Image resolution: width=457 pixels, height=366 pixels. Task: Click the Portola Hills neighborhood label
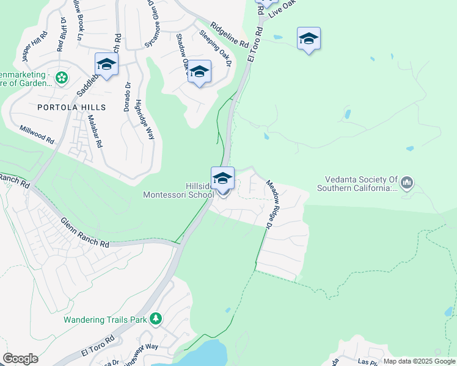(71, 107)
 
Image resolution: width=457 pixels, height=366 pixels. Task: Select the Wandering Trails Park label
(106, 319)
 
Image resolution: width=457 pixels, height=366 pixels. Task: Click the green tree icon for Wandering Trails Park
(156, 318)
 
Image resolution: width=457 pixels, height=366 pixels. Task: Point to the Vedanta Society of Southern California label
(357, 184)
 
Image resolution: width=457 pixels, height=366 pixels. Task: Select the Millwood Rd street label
(37, 135)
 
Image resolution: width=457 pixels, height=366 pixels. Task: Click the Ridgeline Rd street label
(229, 36)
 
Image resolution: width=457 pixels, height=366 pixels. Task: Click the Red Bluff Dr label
(62, 35)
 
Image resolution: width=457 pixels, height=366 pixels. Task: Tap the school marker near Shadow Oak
(199, 72)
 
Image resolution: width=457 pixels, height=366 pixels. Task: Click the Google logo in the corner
(20, 359)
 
